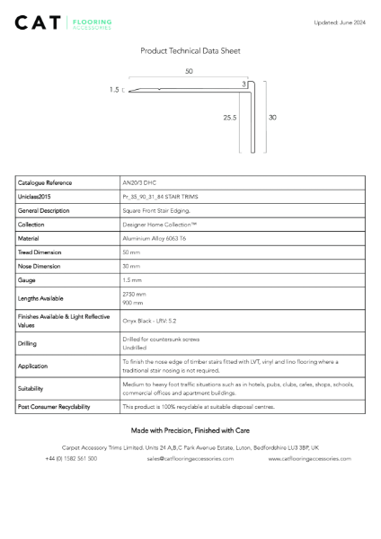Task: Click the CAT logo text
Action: coord(38,22)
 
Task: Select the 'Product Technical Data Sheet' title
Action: coord(190,51)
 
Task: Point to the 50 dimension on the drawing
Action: coord(189,71)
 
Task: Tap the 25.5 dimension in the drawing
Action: coord(230,117)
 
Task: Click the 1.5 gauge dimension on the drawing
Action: coord(114,90)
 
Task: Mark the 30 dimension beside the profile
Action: coord(271,117)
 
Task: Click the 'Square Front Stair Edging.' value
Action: coord(157,210)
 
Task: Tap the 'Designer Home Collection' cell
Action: coord(159,225)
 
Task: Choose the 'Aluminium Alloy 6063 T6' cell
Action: coord(154,239)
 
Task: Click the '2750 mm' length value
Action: coord(134,294)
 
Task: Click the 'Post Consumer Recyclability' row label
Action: coord(54,407)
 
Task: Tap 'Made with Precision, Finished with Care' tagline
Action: coord(190,430)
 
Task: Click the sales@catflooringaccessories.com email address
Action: coord(190,458)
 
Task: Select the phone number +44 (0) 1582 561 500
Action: coord(71,458)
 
